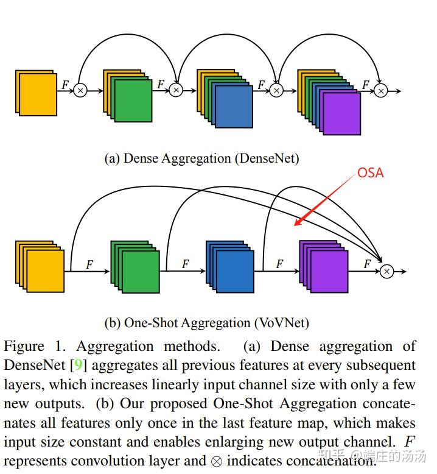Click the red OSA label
tap(370, 173)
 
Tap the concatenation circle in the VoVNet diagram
tap(386, 272)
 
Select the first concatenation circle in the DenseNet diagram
tap(80, 91)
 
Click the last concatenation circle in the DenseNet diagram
tap(380, 91)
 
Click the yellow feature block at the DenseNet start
tap(38, 93)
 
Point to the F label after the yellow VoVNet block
tap(89, 264)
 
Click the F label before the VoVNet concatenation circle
tap(366, 264)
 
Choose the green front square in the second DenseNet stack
tap(133, 101)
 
